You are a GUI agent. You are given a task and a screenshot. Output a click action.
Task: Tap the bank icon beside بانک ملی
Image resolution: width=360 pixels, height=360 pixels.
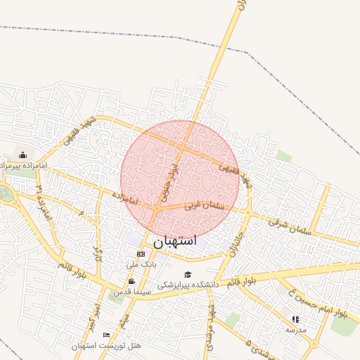(x=141, y=254)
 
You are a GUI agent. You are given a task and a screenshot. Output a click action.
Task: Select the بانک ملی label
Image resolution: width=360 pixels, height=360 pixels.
(x=141, y=264)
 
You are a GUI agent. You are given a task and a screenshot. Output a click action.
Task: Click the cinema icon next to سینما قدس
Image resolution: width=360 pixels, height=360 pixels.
(x=131, y=281)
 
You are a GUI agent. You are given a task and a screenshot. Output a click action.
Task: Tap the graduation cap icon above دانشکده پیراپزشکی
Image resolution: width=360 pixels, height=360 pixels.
(x=187, y=274)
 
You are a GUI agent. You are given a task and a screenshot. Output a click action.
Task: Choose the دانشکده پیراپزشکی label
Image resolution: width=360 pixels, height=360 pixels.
(x=188, y=285)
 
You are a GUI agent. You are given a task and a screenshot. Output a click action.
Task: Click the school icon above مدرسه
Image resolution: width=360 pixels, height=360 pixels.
(x=295, y=319)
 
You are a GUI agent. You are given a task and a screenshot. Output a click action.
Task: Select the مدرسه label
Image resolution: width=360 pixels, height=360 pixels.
(x=296, y=329)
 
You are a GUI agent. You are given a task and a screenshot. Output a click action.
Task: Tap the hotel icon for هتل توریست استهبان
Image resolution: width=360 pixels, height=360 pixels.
(x=106, y=335)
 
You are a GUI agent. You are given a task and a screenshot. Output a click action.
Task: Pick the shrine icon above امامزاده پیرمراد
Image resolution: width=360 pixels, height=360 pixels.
(x=22, y=155)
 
